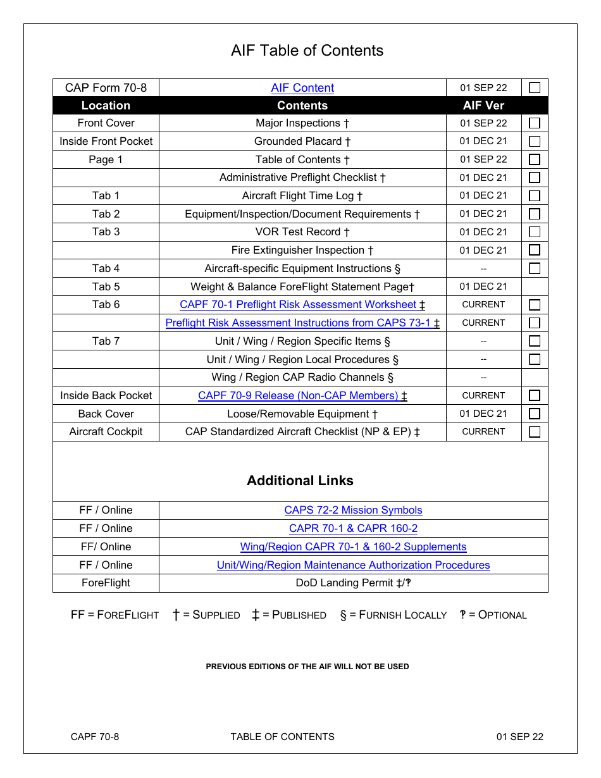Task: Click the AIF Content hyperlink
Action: coord(302,88)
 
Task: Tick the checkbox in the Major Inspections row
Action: coord(535,123)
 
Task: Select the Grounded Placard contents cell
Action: coord(302,141)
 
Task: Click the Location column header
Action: coord(106,106)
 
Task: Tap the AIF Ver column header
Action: coord(483,106)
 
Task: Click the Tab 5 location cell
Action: coord(106,287)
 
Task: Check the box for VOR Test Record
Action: coord(535,232)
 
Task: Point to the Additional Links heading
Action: coord(300,481)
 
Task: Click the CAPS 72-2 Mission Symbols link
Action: coord(353,510)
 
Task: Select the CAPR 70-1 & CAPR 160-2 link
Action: coord(353,529)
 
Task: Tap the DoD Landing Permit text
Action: coord(353,583)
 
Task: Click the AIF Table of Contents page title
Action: coord(307,51)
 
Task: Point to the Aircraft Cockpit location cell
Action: coord(106,432)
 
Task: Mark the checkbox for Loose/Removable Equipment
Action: coord(535,414)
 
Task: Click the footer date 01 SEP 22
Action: coord(519,737)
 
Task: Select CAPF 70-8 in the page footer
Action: coord(95,737)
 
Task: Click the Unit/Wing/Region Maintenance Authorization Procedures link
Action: coord(353,565)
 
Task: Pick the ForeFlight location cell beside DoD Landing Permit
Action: coord(106,583)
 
